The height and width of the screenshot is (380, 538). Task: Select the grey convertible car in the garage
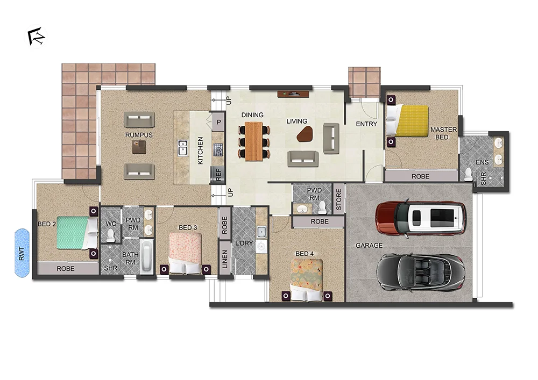point(421,272)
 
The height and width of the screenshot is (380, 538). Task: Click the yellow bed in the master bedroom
point(412,120)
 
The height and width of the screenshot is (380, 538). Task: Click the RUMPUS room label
point(139,135)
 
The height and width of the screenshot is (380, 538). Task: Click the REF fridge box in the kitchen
point(218,174)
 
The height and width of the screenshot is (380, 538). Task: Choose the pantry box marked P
point(218,122)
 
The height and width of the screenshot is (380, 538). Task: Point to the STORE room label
point(338,198)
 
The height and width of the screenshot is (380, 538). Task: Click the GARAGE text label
point(369,245)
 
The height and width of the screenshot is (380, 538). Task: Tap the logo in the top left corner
point(37,37)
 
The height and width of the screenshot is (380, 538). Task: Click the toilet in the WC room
point(111,235)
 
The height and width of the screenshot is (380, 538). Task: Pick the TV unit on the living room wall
point(293,94)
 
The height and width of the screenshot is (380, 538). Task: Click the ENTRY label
point(366,124)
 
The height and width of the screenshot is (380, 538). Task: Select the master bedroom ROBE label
point(421,176)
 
